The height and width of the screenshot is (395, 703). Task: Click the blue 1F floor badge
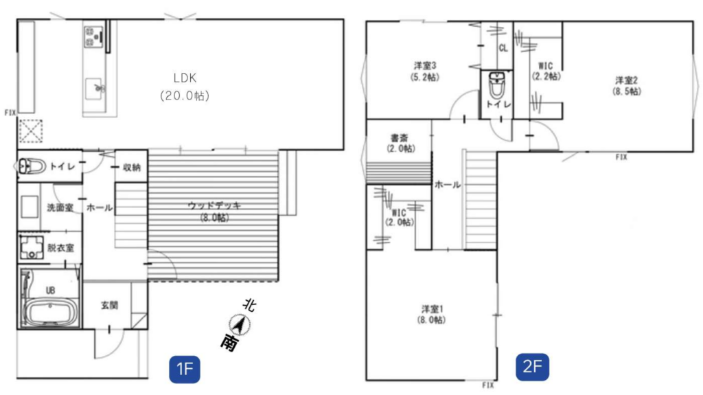click(x=184, y=370)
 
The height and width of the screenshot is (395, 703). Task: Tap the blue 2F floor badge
click(x=532, y=367)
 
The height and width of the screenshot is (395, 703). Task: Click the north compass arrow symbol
click(x=240, y=324)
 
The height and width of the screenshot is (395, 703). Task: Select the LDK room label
click(x=185, y=78)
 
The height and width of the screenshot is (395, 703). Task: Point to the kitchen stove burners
click(x=93, y=37)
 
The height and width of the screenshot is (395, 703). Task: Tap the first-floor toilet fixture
click(x=32, y=166)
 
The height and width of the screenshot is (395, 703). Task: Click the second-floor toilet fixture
click(x=496, y=84)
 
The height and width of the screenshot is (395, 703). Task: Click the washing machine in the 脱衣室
click(x=32, y=248)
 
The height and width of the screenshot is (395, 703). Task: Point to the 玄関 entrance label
click(x=109, y=305)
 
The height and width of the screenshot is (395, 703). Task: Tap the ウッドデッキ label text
click(x=214, y=205)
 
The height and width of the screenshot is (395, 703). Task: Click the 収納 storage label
click(x=131, y=168)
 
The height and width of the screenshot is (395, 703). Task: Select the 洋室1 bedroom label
click(x=433, y=309)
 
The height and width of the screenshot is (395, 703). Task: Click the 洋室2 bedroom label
click(x=626, y=81)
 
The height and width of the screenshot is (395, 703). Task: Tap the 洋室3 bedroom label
click(x=425, y=66)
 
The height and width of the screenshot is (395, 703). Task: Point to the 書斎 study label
click(x=399, y=138)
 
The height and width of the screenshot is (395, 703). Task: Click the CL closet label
click(x=503, y=48)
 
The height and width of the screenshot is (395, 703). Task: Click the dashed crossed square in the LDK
click(x=31, y=131)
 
